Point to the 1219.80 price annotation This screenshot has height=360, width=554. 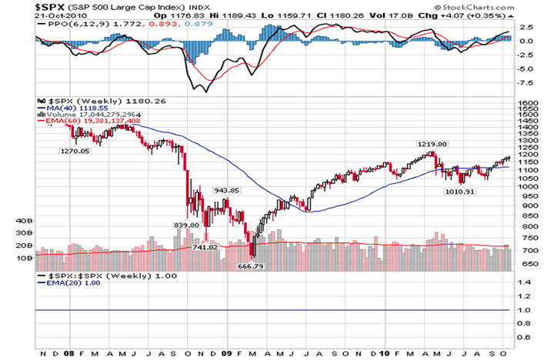coord(432,144)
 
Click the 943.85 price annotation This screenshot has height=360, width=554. coord(227,190)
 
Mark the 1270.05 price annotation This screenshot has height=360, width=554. coord(75,152)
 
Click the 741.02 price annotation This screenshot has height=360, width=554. coord(205,247)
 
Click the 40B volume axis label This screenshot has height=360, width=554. coord(24,221)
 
